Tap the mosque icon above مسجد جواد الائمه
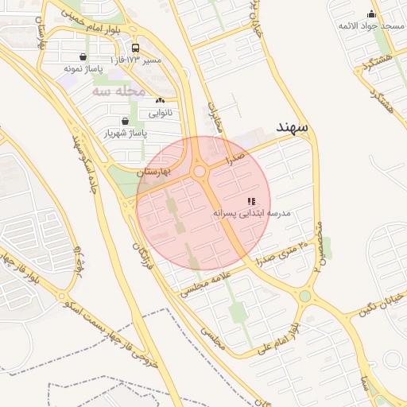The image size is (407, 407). pyautogui.click(x=370, y=14)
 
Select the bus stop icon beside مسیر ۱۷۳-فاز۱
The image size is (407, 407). pyautogui.click(x=134, y=48)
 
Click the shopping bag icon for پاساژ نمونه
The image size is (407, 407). pyautogui.click(x=83, y=56)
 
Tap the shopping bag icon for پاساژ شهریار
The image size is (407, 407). pyautogui.click(x=125, y=121)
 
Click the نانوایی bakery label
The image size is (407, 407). pyautogui.click(x=159, y=113)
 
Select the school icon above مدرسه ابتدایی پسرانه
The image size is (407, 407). pyautogui.click(x=251, y=202)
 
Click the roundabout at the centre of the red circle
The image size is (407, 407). pyautogui.click(x=199, y=172)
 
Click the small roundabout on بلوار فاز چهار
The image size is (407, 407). pyautogui.click(x=61, y=296)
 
